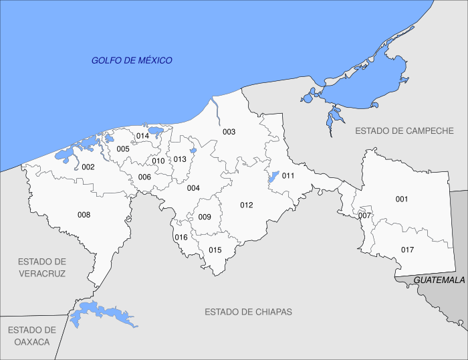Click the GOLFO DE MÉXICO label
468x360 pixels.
[132, 60]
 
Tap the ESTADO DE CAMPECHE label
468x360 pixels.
[404, 130]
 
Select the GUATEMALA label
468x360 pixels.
[439, 280]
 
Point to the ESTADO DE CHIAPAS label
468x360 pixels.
[248, 312]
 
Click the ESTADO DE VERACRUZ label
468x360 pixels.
[42, 267]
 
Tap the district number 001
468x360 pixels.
[401, 199]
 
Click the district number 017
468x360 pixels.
[407, 250]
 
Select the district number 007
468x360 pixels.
[364, 215]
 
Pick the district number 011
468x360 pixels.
[288, 175]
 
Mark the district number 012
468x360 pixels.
[247, 205]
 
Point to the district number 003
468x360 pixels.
[229, 132]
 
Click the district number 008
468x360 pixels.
[84, 215]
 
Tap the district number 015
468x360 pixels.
[215, 250]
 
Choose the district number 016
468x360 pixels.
[181, 238]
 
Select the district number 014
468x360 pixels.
[142, 136]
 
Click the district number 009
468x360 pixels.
[205, 217]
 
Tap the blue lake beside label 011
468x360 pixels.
[272, 177]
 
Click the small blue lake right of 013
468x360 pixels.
[193, 151]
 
